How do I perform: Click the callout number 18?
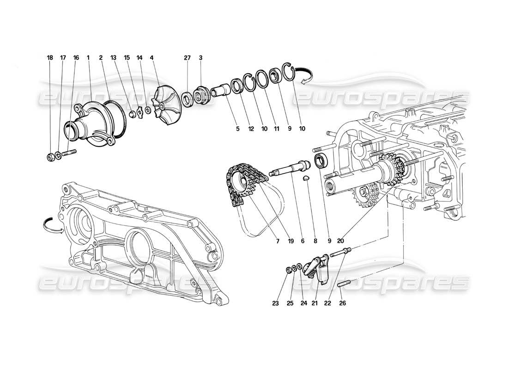point(50,58)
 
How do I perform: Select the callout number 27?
point(187,58)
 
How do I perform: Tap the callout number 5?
point(238,129)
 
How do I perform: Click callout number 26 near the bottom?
point(342,304)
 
